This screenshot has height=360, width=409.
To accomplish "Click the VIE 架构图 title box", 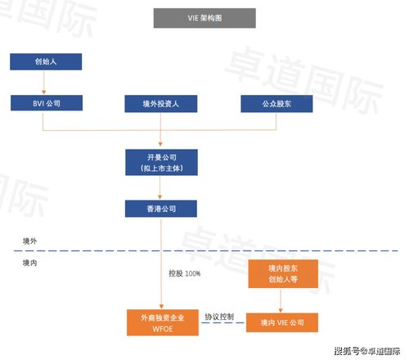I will [204, 18].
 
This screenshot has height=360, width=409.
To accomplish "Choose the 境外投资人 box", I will [161, 104].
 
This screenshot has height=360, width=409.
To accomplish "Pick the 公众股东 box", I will [276, 104].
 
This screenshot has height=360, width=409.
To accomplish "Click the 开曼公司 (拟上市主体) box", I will [161, 162].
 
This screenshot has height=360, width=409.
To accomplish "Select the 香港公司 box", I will [161, 209].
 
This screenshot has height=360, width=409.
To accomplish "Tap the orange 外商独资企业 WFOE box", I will [162, 322].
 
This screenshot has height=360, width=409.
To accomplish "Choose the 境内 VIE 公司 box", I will [281, 322].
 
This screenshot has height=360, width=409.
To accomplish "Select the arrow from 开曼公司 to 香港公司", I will [161, 187].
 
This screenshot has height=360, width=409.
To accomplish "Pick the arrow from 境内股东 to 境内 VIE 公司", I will [281, 300].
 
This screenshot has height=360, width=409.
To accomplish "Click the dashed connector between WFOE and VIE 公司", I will [222, 324].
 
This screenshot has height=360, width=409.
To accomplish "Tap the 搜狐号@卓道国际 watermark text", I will [368, 350].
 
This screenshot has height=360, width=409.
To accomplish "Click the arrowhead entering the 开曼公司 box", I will [161, 146].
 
